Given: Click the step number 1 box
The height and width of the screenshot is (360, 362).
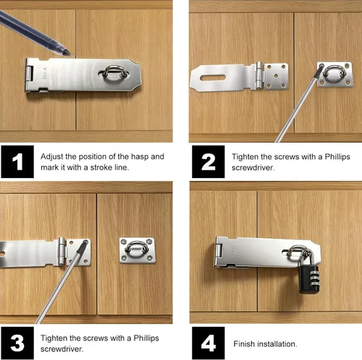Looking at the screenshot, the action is (x=17, y=162).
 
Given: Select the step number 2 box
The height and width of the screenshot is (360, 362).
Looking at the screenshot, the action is (x=209, y=162).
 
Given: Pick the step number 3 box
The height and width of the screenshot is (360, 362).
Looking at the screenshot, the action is (x=17, y=343).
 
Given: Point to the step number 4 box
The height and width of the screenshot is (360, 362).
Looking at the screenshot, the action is (x=209, y=343).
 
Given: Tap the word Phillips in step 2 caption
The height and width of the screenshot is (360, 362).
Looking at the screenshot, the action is (x=337, y=156).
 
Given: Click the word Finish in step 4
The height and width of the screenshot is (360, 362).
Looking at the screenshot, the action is (x=244, y=344).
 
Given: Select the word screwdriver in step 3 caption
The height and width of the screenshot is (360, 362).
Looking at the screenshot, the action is (x=62, y=349).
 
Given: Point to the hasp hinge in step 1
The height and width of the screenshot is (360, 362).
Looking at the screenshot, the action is (x=29, y=74).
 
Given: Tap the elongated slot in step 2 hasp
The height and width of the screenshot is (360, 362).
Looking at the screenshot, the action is (x=213, y=78).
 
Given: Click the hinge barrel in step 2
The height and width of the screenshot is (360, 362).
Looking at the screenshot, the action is (x=259, y=75).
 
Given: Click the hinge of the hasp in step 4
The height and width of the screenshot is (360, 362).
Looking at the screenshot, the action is (x=219, y=251).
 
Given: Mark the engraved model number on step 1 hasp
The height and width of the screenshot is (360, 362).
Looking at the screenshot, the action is (x=45, y=73).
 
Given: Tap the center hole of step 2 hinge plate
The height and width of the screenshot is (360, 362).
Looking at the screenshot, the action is (x=277, y=76).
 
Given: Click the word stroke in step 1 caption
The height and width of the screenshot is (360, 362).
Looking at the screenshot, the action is (x=101, y=167).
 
